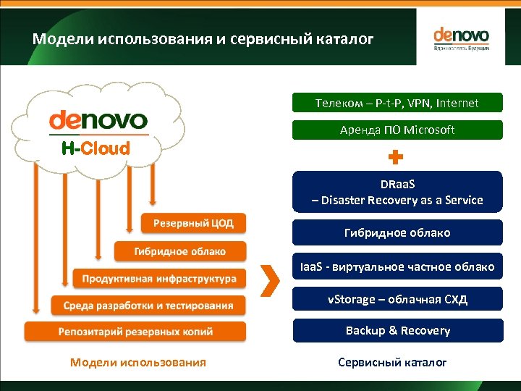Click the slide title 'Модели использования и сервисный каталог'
[203, 38]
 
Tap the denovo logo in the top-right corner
[461, 38]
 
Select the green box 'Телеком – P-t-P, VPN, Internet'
[397, 103]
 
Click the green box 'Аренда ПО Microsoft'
[397, 130]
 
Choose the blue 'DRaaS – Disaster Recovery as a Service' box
[397, 192]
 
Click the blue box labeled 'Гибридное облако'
[397, 232]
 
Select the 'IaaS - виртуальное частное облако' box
[397, 266]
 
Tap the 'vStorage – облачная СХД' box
[397, 299]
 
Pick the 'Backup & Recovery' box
[397, 330]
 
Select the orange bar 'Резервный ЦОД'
[192, 223]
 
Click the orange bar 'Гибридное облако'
[179, 251]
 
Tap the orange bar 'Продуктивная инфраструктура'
[159, 278]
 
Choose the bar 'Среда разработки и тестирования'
[148, 305]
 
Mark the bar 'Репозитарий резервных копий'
[135, 332]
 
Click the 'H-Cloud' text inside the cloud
[96, 149]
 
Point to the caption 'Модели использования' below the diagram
[137, 362]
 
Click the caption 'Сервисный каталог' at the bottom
[392, 362]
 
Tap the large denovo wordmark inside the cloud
[98, 120]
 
